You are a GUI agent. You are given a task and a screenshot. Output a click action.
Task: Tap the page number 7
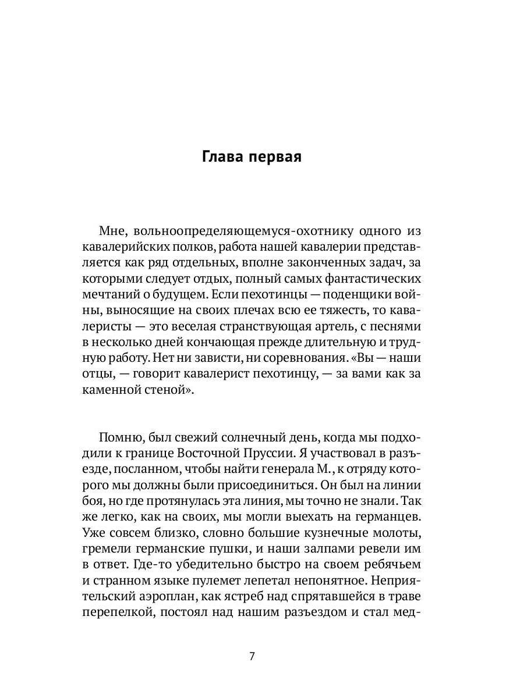click(252, 657)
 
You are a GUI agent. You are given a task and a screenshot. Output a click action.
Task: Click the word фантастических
click(377, 279)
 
